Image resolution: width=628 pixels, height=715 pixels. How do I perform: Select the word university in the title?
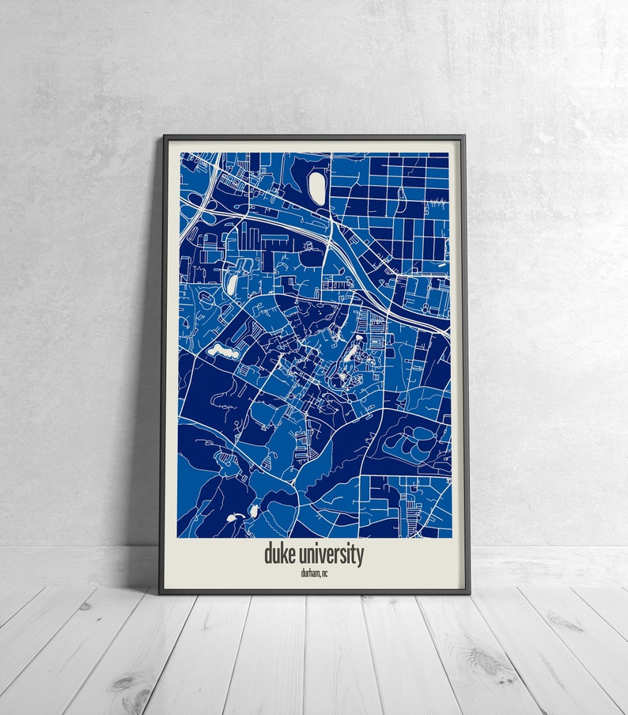[x=331, y=554]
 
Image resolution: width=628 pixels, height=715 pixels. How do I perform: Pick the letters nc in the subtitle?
[x=324, y=573]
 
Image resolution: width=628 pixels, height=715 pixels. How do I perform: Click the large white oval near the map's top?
[x=317, y=187]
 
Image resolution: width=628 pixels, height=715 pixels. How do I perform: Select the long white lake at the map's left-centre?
[x=222, y=350]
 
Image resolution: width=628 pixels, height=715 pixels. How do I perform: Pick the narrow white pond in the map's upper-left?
[x=232, y=282]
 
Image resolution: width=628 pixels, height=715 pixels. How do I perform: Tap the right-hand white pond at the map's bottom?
[x=255, y=511]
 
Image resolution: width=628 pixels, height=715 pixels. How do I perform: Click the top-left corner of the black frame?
[x=164, y=137]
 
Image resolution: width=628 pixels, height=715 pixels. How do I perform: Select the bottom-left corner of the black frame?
[x=161, y=592]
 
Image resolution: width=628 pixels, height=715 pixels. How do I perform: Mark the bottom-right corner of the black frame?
[x=468, y=592]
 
